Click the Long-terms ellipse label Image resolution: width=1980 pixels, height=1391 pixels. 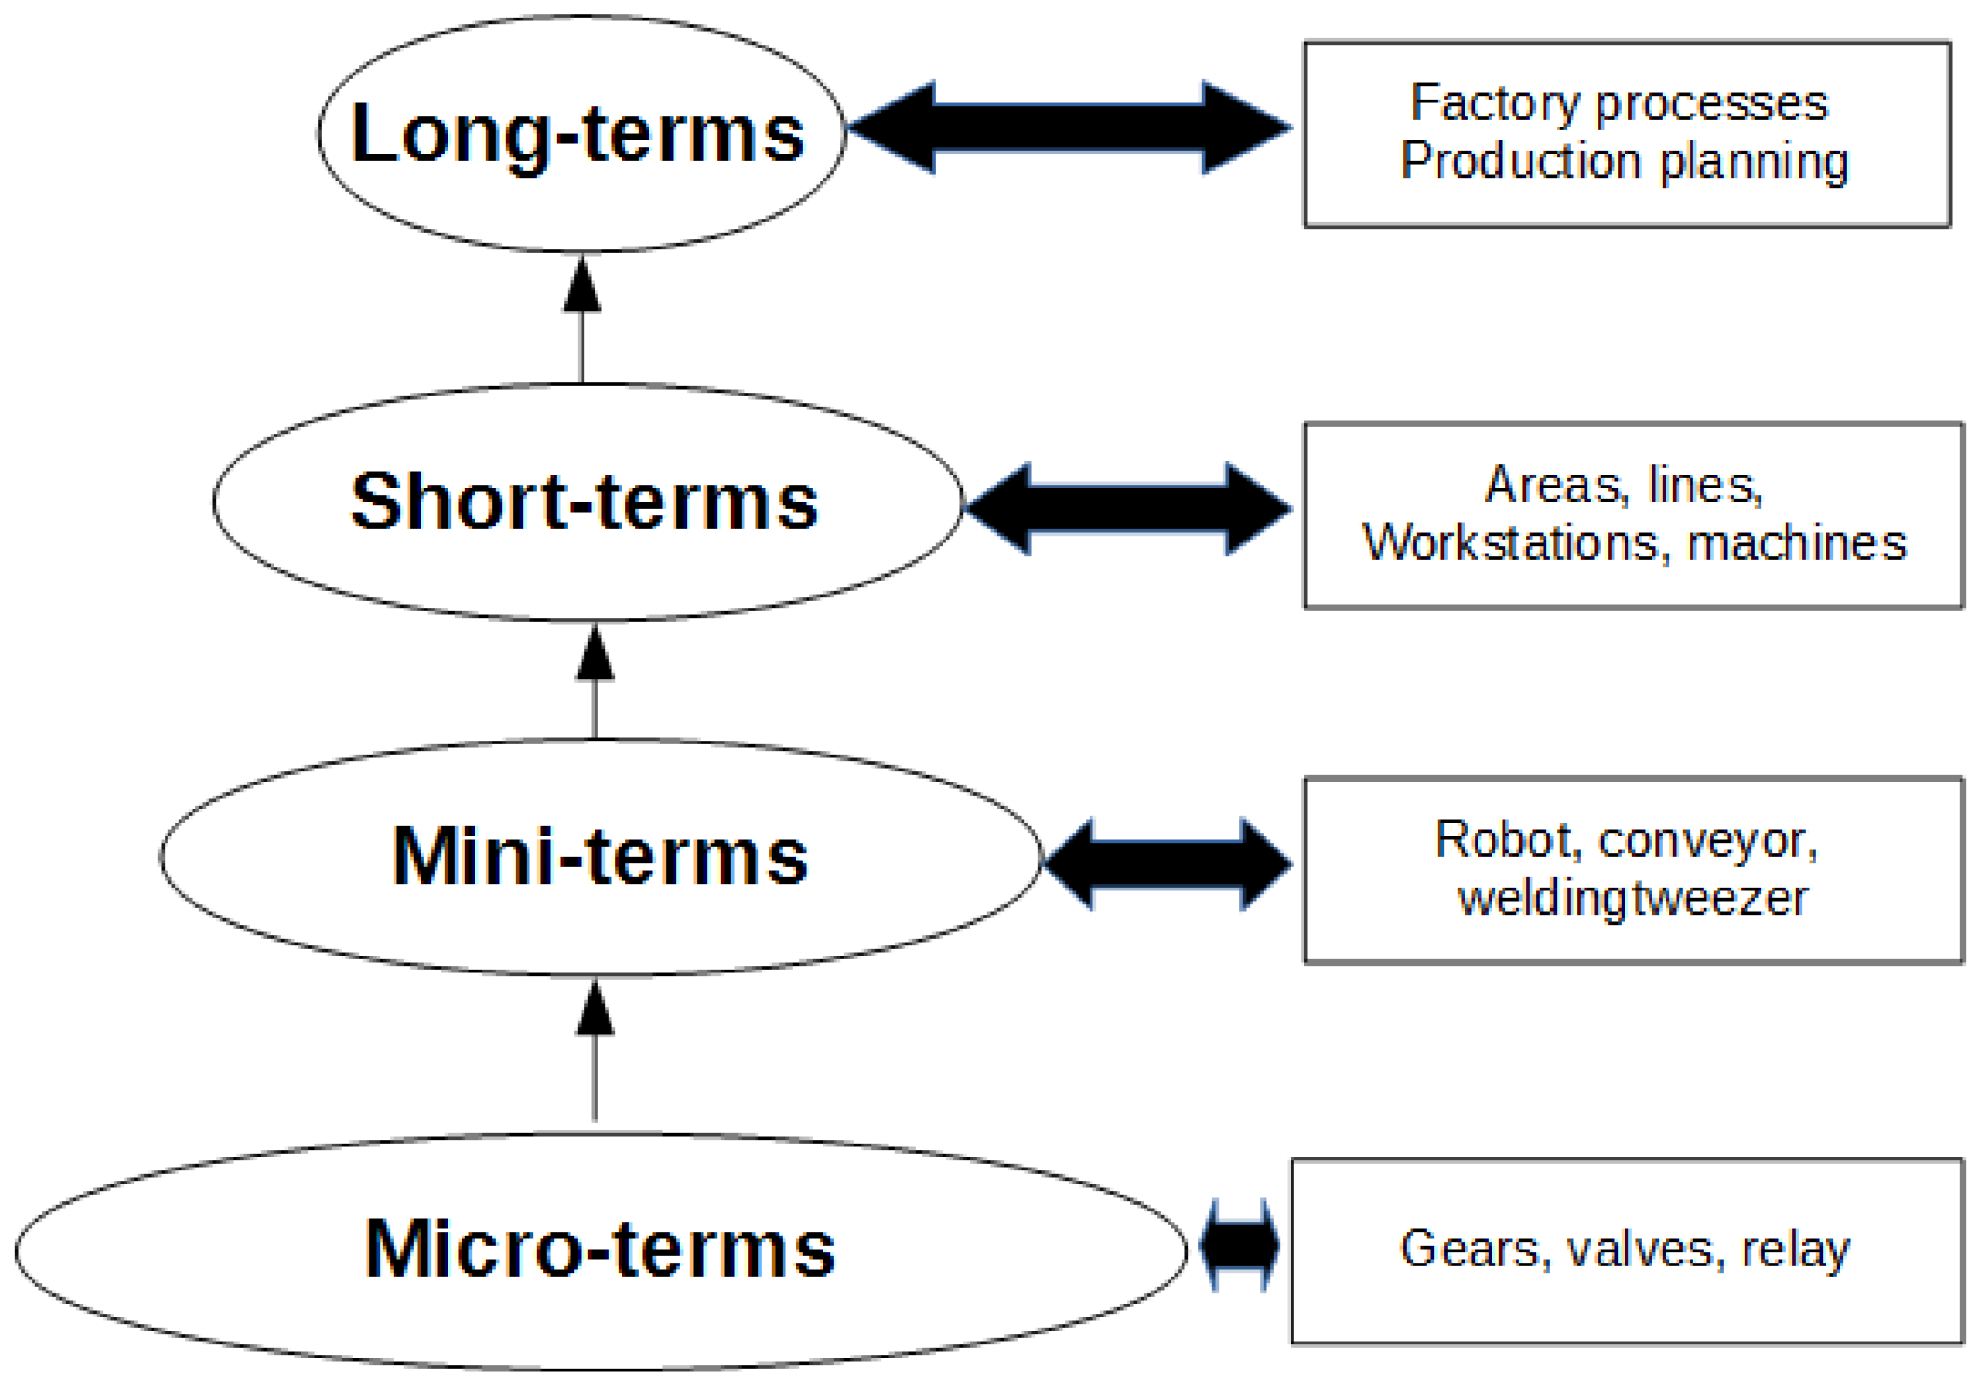[578, 133]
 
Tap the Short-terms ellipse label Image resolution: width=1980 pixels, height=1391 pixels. [584, 502]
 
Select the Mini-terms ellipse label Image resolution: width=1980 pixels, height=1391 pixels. [600, 856]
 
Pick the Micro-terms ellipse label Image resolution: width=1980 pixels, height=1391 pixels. [600, 1250]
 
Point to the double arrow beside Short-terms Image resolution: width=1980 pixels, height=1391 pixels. [1128, 508]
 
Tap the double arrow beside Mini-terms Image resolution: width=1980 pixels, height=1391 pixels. [1167, 863]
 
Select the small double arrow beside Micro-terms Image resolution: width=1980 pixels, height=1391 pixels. [1239, 1245]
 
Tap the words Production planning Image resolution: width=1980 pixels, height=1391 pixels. [1625, 162]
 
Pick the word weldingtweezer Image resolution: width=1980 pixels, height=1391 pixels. [1633, 899]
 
